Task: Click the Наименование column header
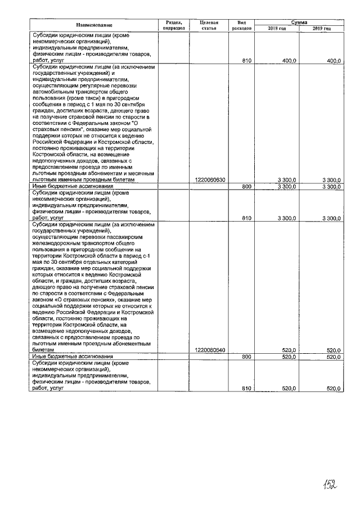(95, 25)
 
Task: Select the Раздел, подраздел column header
(174, 25)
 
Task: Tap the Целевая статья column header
(209, 25)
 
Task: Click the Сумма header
(299, 21)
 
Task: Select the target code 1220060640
(209, 350)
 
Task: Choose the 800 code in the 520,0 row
(246, 357)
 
